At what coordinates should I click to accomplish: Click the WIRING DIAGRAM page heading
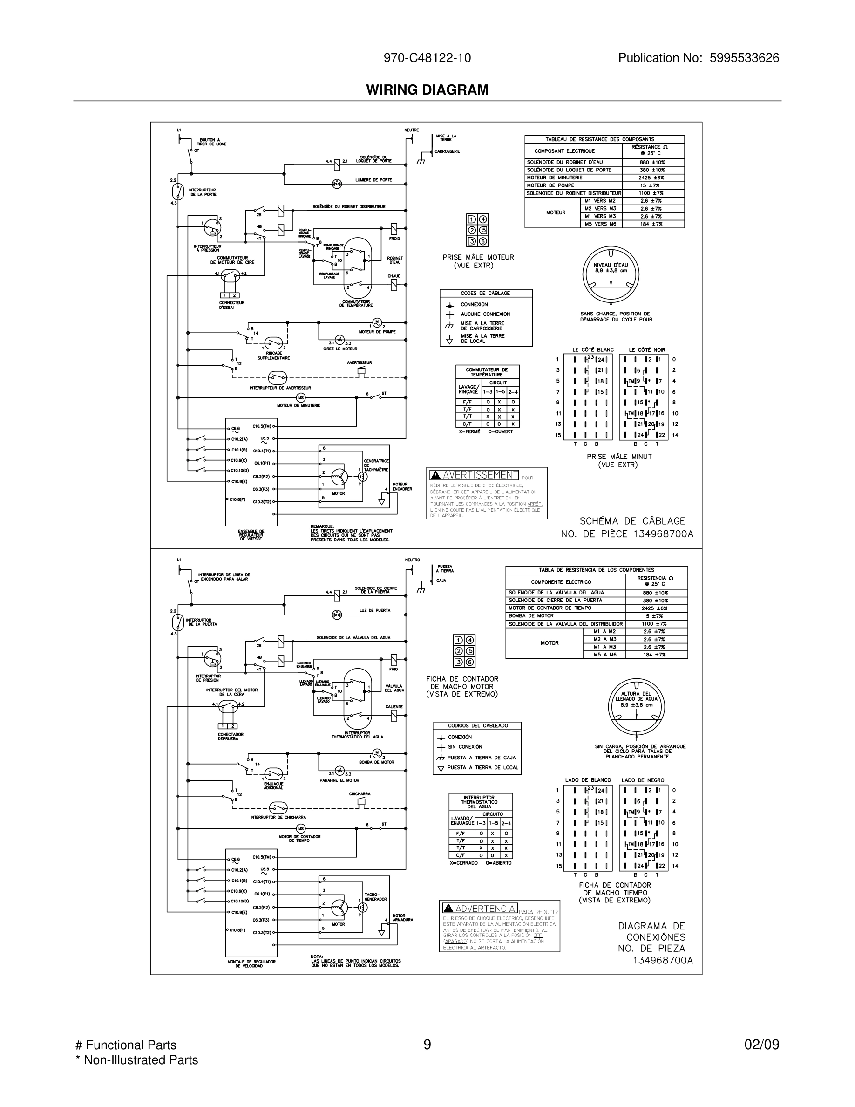(x=427, y=90)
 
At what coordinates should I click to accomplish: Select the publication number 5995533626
(x=744, y=58)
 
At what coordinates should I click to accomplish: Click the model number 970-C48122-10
(x=427, y=58)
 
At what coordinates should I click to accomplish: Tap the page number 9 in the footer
(x=427, y=1045)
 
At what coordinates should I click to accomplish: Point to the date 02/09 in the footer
(x=761, y=1045)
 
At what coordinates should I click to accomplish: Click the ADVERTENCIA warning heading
(x=485, y=909)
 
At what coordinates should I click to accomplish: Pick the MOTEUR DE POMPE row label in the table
(x=550, y=185)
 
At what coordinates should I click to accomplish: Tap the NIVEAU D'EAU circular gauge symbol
(x=611, y=275)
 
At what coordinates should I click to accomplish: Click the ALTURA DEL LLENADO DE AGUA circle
(x=636, y=705)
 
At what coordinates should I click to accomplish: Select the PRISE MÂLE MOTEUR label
(x=478, y=258)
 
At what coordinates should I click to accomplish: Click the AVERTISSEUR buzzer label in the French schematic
(x=359, y=363)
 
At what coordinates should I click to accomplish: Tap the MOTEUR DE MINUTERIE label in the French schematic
(x=299, y=405)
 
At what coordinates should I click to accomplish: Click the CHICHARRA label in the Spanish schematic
(x=359, y=794)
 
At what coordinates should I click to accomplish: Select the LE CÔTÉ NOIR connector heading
(x=647, y=350)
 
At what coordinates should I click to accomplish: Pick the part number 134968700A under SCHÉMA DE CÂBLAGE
(x=663, y=534)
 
